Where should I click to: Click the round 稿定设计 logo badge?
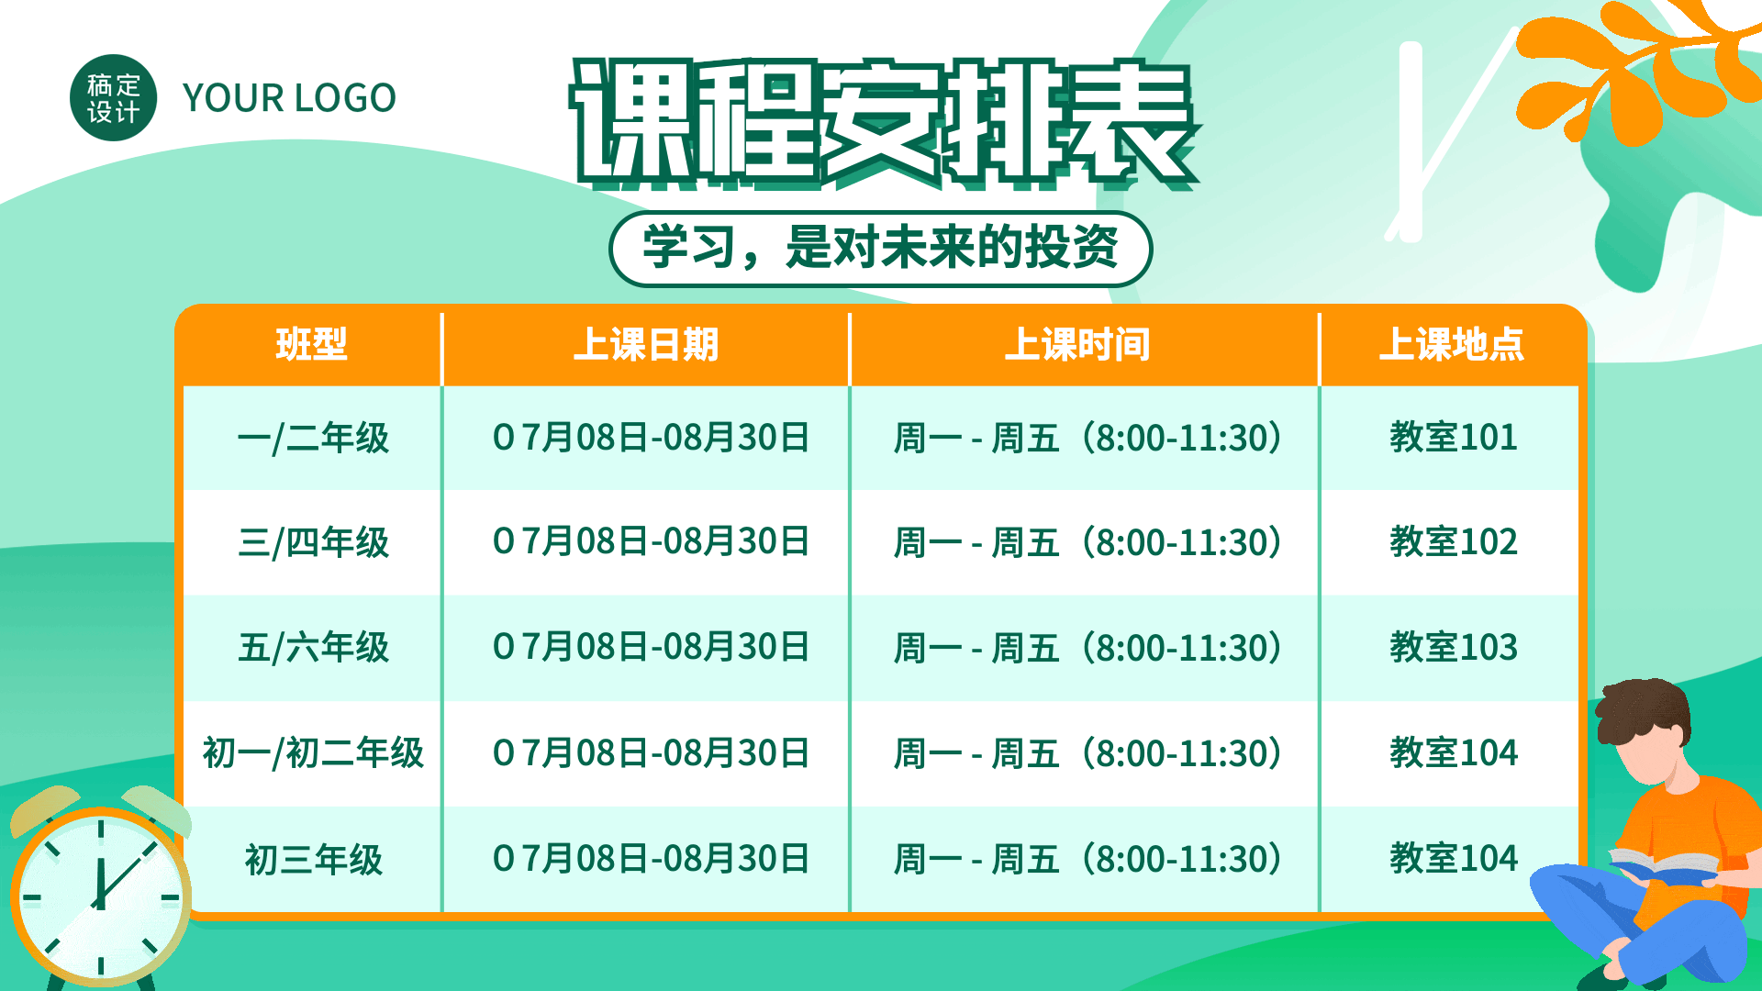pyautogui.click(x=113, y=98)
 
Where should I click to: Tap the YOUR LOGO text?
pyautogui.click(x=289, y=98)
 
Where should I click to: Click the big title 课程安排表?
pyautogui.click(x=883, y=123)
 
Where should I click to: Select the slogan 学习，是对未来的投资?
pyautogui.click(x=880, y=248)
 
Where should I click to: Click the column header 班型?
pyautogui.click(x=312, y=345)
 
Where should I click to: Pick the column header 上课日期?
pyautogui.click(x=646, y=345)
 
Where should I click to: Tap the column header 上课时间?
pyautogui.click(x=1077, y=345)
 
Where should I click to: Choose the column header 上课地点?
pyautogui.click(x=1452, y=345)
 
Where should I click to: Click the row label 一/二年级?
pyautogui.click(x=313, y=438)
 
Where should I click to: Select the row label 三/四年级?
pyautogui.click(x=313, y=542)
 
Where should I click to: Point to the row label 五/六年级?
pyautogui.click(x=313, y=648)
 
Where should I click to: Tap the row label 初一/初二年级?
pyautogui.click(x=313, y=753)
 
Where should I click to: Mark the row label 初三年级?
pyautogui.click(x=313, y=860)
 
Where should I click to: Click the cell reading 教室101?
pyautogui.click(x=1454, y=437)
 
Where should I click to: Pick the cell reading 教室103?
pyautogui.click(x=1454, y=647)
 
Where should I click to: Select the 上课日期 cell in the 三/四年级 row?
pyautogui.click(x=651, y=541)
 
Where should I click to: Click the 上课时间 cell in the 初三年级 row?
pyautogui.click(x=1087, y=860)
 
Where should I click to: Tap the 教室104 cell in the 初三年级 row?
pyautogui.click(x=1454, y=858)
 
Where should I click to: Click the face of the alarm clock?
pyautogui.click(x=100, y=896)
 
